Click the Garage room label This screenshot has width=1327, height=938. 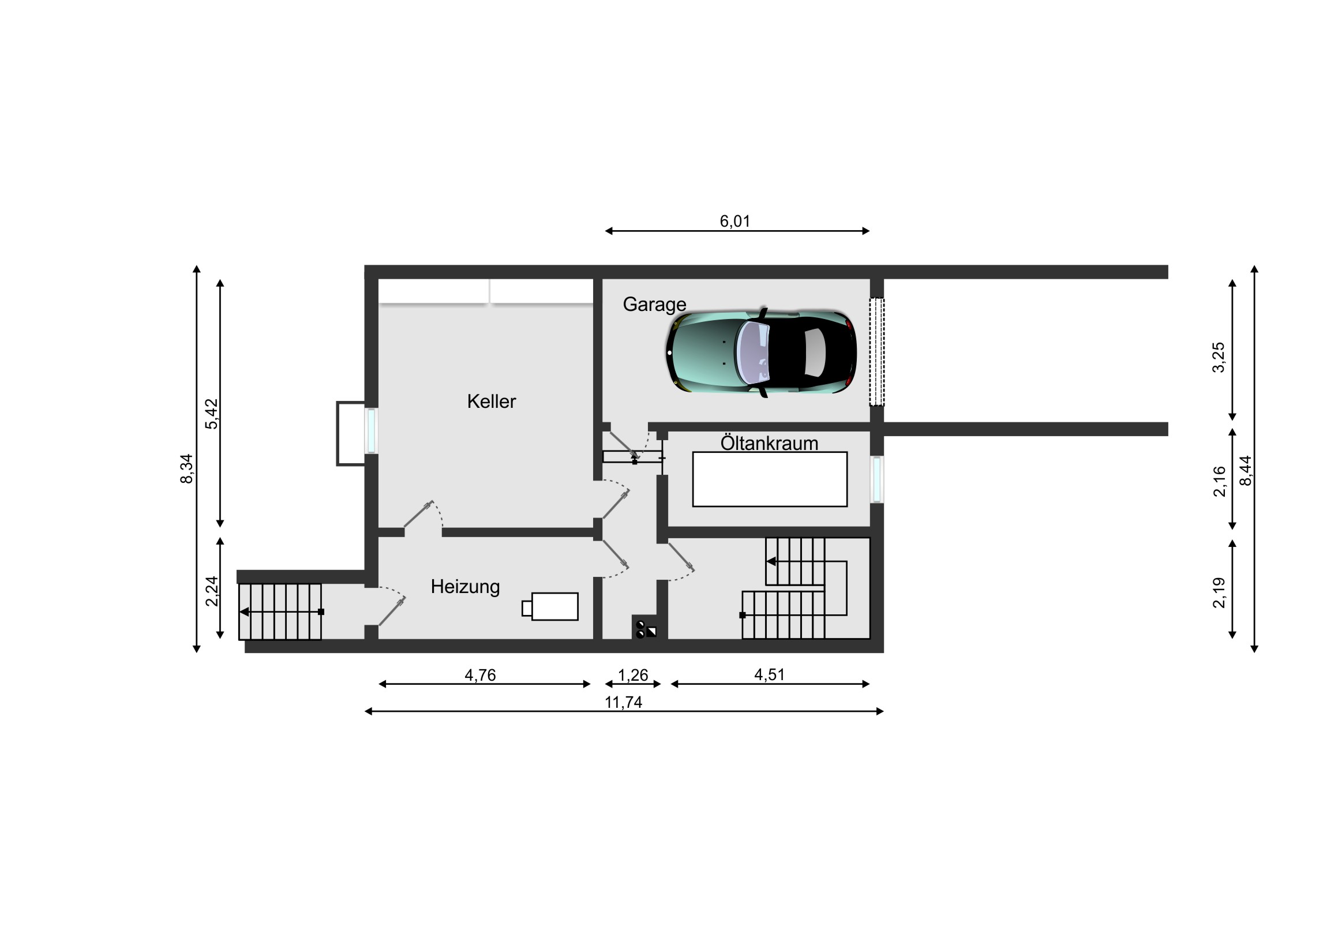[654, 305]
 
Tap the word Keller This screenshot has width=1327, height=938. [491, 401]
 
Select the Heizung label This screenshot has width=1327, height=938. [465, 587]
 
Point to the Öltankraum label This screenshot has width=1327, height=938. [769, 443]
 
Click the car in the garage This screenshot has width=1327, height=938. [761, 352]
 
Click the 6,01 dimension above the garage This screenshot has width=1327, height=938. [734, 221]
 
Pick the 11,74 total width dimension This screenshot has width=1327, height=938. [623, 702]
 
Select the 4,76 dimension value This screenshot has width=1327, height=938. [480, 675]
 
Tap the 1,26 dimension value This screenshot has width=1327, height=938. [633, 675]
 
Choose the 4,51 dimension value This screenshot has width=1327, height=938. [769, 674]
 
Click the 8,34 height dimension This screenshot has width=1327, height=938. [186, 468]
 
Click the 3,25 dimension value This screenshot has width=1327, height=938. [1218, 358]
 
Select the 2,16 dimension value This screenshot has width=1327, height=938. [1219, 481]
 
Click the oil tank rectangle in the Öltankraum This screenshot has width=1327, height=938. [770, 479]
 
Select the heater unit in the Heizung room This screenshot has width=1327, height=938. [550, 606]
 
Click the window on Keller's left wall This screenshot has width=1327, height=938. [371, 430]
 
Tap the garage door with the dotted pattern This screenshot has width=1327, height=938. [877, 352]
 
